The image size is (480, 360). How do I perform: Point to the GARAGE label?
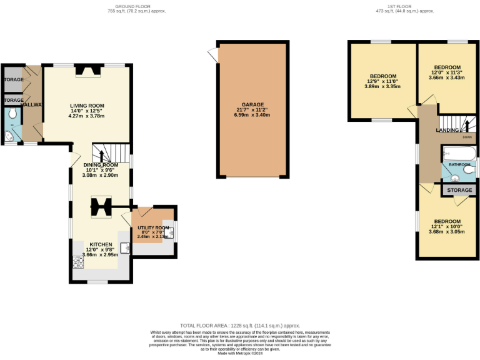(253, 105)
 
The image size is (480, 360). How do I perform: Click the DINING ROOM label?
(101, 165)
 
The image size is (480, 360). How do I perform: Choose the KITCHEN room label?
(101, 244)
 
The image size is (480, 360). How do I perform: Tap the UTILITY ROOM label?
(153, 228)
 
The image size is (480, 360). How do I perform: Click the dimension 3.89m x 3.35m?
(382, 87)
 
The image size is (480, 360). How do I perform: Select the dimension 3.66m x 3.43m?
(447, 77)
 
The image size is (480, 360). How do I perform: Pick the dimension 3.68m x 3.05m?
(447, 232)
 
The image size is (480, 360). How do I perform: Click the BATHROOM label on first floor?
(459, 164)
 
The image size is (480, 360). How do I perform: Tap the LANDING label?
(447, 130)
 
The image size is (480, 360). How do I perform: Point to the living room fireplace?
(87, 71)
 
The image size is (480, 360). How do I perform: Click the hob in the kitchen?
(79, 262)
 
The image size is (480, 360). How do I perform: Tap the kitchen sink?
(125, 249)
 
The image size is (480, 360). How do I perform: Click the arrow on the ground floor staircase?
(102, 155)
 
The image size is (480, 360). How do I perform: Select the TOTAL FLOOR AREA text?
(240, 326)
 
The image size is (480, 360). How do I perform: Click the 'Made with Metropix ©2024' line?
(240, 353)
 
